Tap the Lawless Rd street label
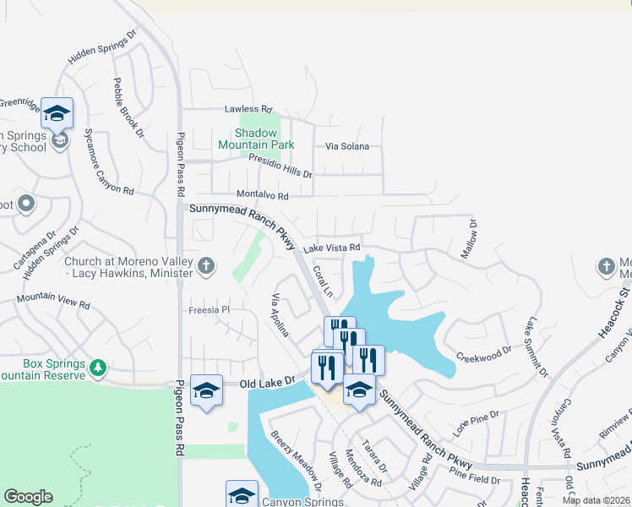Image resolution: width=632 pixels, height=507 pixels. point(248,109)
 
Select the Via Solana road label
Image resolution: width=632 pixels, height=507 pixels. point(347,146)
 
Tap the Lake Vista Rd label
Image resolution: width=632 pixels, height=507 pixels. point(332,248)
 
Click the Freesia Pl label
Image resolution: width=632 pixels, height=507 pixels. point(210,310)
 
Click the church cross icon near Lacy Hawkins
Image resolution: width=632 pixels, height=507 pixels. point(205,267)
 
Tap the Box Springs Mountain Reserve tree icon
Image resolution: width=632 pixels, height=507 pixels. point(99,368)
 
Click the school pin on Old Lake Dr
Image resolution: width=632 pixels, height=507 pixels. point(206,391)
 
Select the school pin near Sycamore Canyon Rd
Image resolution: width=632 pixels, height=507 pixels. point(57,114)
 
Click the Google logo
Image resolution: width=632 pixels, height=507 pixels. point(28,497)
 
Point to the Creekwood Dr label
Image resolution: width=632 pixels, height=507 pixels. point(484,353)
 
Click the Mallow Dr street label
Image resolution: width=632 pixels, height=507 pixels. point(467,240)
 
